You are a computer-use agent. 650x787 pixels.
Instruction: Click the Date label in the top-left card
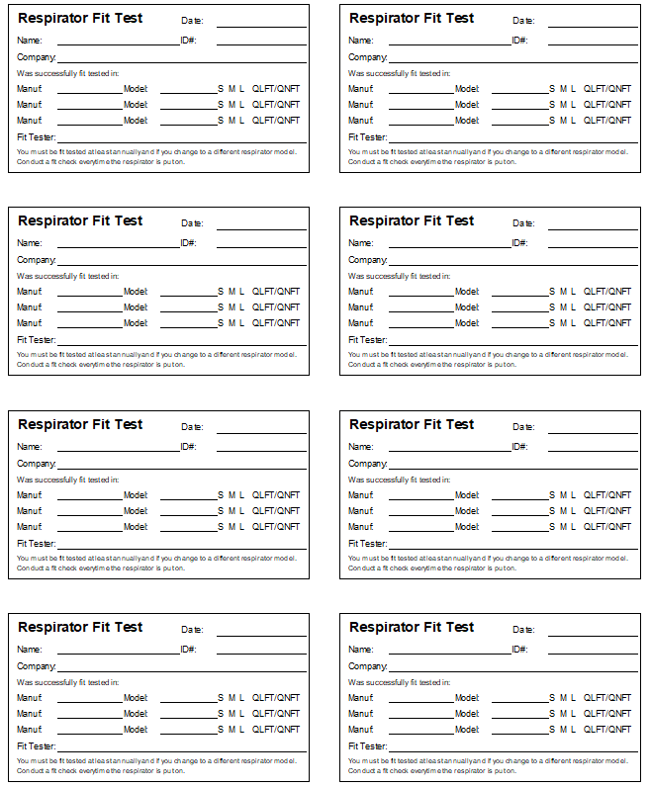192,21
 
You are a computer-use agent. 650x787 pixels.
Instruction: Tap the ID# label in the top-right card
519,41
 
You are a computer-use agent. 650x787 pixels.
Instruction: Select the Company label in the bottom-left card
37,666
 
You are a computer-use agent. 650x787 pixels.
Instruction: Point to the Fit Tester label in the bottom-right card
367,746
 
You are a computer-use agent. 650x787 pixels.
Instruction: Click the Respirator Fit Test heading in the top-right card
412,18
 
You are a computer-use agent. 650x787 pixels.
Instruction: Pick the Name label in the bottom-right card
360,650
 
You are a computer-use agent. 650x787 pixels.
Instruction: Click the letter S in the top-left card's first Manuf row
221,89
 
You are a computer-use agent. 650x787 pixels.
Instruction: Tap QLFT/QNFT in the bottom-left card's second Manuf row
275,714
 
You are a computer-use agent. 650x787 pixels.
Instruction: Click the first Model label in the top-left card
136,89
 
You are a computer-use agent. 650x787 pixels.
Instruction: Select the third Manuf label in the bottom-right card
360,730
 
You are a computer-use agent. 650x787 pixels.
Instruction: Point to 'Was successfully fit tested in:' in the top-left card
67,73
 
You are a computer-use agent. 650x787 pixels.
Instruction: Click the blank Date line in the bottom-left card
261,635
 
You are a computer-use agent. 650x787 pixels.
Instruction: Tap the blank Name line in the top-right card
449,44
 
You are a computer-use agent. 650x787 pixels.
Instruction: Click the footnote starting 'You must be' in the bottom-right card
488,760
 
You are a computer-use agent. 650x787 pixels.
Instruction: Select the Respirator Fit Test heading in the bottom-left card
80,627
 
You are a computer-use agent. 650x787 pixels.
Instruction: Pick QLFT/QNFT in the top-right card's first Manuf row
606,89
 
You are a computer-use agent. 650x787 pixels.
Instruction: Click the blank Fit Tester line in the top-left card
182,142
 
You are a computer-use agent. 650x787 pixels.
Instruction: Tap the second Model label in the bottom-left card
136,714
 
